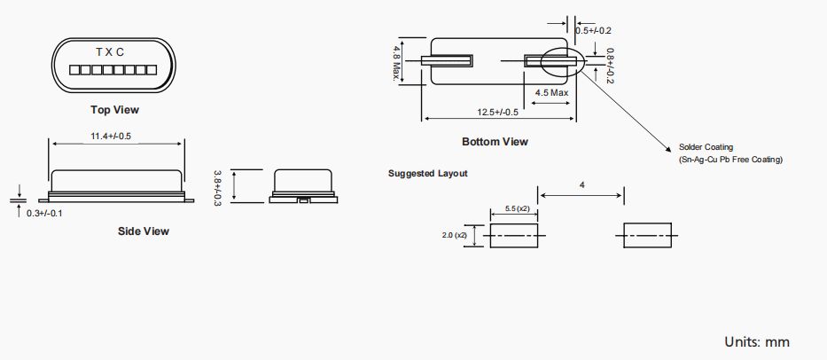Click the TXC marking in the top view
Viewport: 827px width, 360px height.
[x=110, y=53]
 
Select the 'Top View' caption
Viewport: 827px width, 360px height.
[x=114, y=111]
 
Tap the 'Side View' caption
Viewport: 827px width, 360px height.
[x=144, y=231]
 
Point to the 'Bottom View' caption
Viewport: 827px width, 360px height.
[x=495, y=142]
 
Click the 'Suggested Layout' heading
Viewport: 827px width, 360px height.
[x=428, y=173]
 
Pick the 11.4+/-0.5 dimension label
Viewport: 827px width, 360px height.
[x=116, y=136]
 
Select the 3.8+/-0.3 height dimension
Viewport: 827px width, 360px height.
[x=219, y=187]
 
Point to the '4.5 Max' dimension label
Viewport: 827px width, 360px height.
[x=551, y=92]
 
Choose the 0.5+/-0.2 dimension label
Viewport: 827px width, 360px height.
[x=593, y=30]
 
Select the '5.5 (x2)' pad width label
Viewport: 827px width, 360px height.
[x=517, y=207]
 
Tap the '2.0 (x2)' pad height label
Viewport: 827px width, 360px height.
[x=454, y=236]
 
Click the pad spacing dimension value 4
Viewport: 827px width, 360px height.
[x=581, y=185]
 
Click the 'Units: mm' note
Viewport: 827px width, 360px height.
[x=756, y=341]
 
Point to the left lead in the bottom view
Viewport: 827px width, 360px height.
[x=447, y=61]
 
